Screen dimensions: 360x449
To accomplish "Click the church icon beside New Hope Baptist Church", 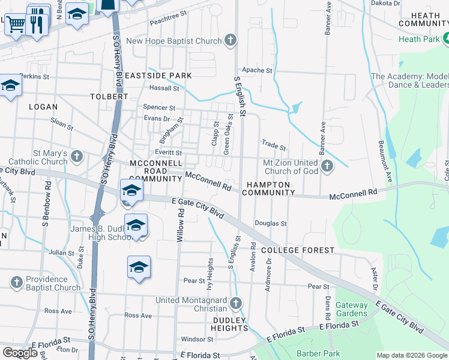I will point(230,41).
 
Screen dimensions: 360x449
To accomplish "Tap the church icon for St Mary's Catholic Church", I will point(76,157).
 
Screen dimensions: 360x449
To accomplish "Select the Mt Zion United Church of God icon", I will point(327,166).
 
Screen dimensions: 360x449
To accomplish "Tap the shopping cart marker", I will point(17,25).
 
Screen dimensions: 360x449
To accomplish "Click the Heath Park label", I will point(420,39).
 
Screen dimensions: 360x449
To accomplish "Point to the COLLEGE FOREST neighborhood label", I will point(297,250).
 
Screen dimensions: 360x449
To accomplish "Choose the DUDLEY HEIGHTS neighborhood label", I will point(230,324).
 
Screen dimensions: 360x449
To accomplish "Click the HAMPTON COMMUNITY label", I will point(268,188).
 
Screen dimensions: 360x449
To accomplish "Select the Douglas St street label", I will point(271,223).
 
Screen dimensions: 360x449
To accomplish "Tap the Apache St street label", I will point(257,70).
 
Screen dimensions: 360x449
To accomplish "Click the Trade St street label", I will point(274,145).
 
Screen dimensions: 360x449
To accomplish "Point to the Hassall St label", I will point(164,88).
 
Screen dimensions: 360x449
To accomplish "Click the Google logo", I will point(20,353).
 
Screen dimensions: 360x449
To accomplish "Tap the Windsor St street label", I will point(194,339).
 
